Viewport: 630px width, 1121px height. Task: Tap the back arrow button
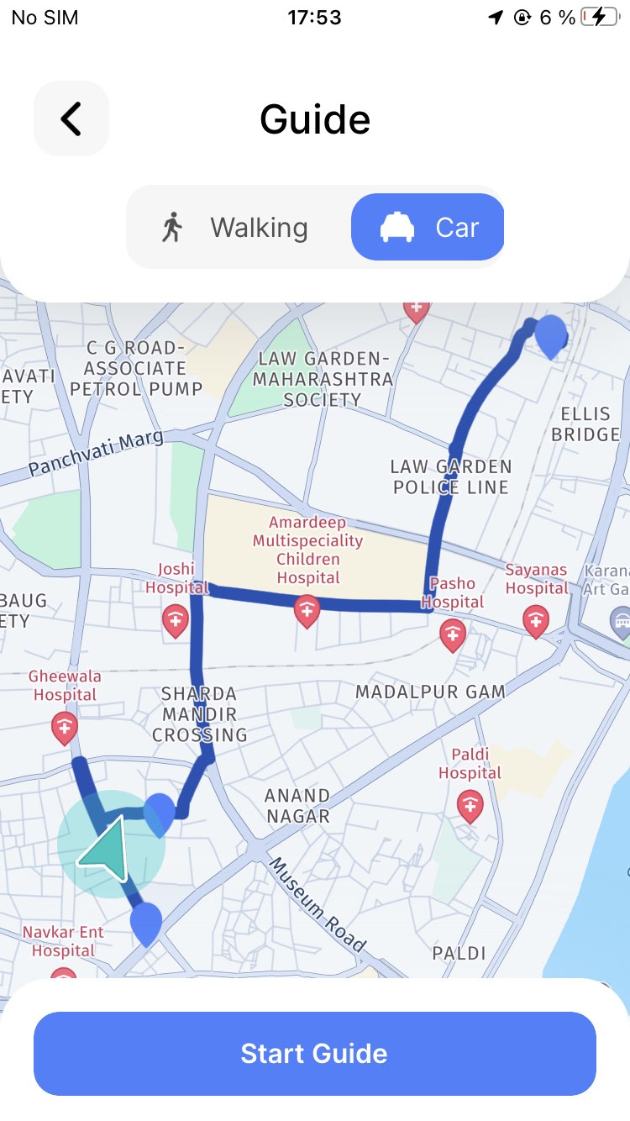click(71, 118)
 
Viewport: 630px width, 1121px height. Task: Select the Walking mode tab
click(235, 228)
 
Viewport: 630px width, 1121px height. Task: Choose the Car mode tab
click(428, 228)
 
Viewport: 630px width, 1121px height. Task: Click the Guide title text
click(315, 119)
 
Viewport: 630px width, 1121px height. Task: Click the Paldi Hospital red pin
click(470, 805)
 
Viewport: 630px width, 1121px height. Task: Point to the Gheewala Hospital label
click(65, 686)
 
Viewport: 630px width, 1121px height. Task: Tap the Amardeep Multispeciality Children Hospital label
click(308, 550)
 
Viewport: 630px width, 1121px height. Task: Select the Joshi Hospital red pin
click(176, 620)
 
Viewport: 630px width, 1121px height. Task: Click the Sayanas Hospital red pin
click(536, 620)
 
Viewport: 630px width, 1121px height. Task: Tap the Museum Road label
click(318, 904)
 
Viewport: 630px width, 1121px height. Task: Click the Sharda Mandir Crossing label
click(200, 714)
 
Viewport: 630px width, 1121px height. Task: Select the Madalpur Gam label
click(430, 692)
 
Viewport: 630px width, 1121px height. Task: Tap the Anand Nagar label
click(297, 806)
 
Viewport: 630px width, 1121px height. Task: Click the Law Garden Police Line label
click(451, 476)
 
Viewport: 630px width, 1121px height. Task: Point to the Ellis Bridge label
click(585, 424)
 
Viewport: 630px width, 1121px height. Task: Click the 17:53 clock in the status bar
click(314, 18)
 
